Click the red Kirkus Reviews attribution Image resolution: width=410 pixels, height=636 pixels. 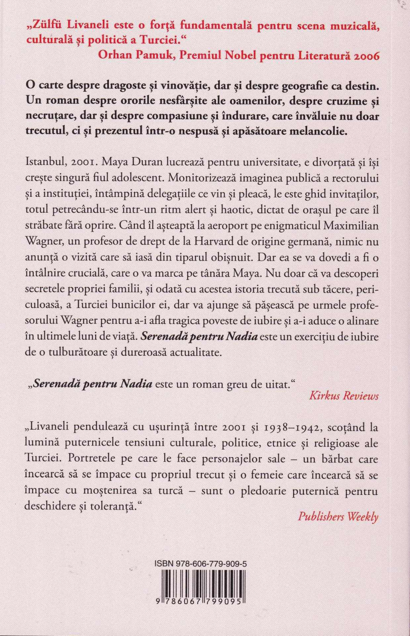coord(344,396)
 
